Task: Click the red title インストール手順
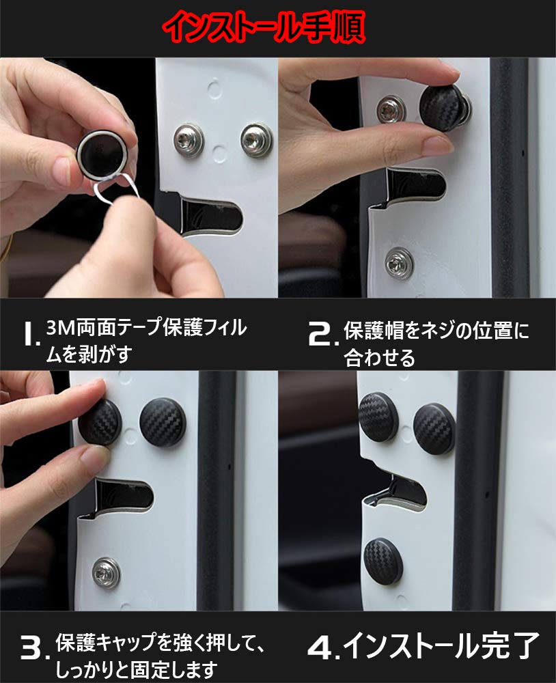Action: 264,27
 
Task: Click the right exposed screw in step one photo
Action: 257,140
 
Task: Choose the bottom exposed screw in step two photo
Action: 400,263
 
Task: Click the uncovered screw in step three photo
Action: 106,572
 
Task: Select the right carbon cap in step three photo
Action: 163,421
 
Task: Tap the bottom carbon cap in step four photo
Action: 383,561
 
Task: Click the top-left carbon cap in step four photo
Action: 378,417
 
